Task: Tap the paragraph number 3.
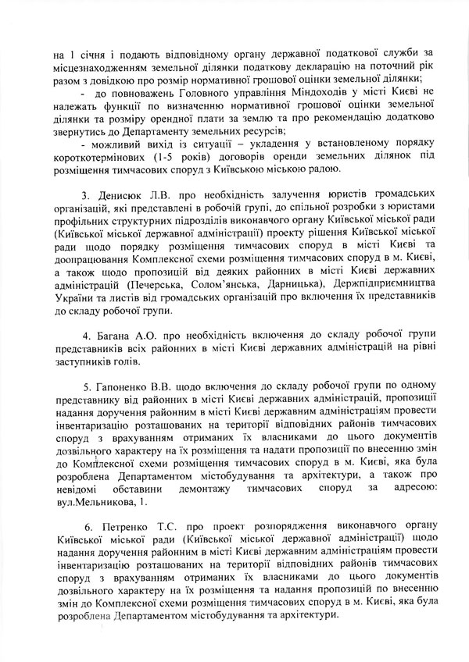point(88,192)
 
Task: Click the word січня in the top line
point(88,54)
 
